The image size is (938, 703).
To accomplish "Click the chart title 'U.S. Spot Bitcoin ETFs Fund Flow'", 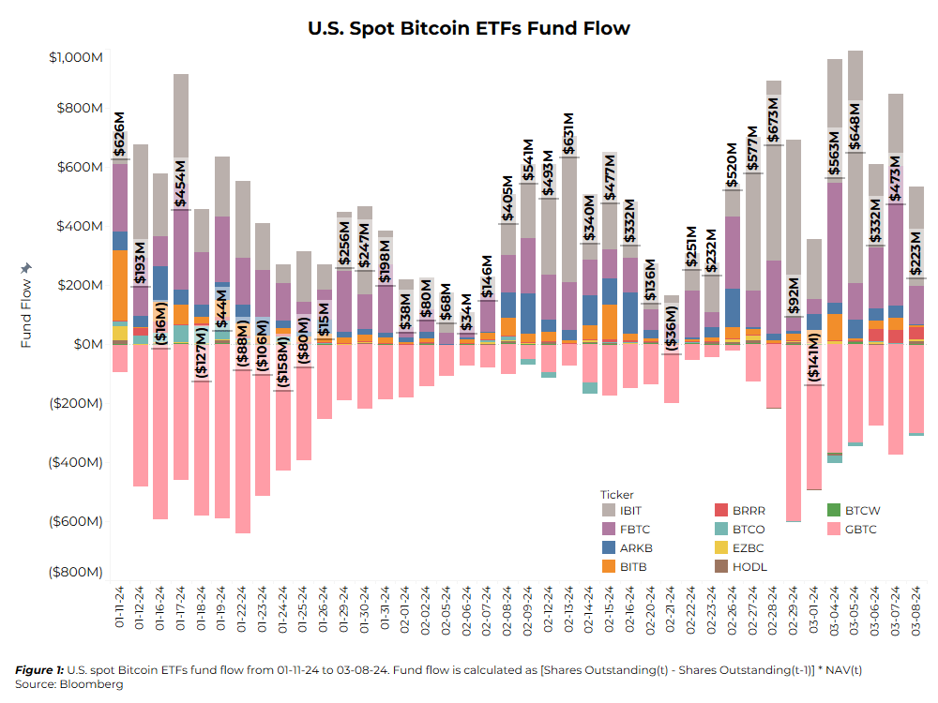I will coord(469,28).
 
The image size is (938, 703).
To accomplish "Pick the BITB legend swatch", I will coord(609,566).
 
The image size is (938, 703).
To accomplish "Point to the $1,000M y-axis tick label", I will coord(76,57).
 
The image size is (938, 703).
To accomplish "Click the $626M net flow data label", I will coord(119,134).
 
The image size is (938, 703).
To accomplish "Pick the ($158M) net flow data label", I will coord(283,362).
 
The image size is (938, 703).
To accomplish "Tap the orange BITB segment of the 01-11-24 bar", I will coord(120,285).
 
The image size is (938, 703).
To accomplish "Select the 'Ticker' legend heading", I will coord(616,494).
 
